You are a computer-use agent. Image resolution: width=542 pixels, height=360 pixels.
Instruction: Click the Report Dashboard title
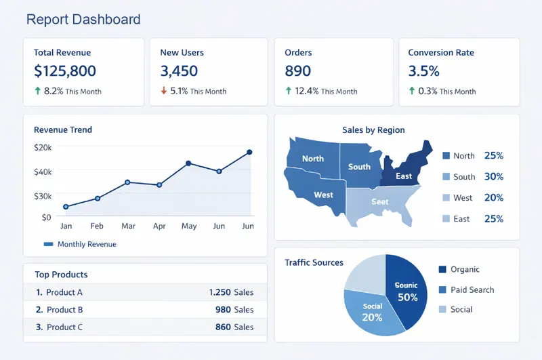[83, 20]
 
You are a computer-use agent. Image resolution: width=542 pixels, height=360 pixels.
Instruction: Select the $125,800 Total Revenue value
[65, 71]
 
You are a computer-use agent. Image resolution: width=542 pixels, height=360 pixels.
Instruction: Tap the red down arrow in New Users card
[163, 91]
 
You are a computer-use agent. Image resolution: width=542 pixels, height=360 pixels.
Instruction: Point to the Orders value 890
[298, 71]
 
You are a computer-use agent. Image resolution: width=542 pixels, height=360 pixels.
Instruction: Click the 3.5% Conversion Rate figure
[424, 71]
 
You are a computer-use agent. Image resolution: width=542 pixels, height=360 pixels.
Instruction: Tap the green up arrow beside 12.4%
[288, 91]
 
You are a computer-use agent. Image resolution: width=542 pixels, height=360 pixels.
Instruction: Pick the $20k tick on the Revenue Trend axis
[43, 147]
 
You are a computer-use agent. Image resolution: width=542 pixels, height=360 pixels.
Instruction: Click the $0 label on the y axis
[46, 218]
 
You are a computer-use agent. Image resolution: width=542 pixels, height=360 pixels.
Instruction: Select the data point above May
[188, 163]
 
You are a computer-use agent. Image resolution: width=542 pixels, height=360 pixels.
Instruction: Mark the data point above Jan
[66, 207]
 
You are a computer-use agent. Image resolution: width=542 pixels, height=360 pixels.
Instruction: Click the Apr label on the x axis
[159, 226]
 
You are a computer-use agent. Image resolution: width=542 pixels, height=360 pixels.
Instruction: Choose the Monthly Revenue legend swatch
[48, 244]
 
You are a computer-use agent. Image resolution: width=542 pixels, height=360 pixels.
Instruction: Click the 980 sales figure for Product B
[224, 310]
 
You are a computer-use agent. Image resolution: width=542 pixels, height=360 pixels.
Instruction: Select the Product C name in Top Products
[64, 327]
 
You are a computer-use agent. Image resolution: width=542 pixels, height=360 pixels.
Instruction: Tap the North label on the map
[313, 159]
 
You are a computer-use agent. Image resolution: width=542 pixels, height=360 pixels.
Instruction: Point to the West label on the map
[323, 195]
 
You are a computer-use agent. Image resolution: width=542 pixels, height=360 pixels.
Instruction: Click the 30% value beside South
[494, 176]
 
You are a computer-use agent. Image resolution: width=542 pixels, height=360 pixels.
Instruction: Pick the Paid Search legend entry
[472, 289]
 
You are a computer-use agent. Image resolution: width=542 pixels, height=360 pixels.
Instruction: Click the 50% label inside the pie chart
[408, 298]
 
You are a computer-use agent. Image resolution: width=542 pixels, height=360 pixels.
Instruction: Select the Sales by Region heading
[373, 130]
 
